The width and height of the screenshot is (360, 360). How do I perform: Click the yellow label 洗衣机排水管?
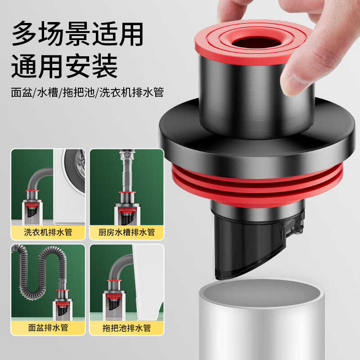[48, 232]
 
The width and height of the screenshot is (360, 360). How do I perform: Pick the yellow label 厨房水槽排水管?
[126, 232]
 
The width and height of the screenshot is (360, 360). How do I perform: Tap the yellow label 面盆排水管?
[48, 327]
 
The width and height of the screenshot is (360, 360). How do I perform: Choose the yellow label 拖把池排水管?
[126, 327]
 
